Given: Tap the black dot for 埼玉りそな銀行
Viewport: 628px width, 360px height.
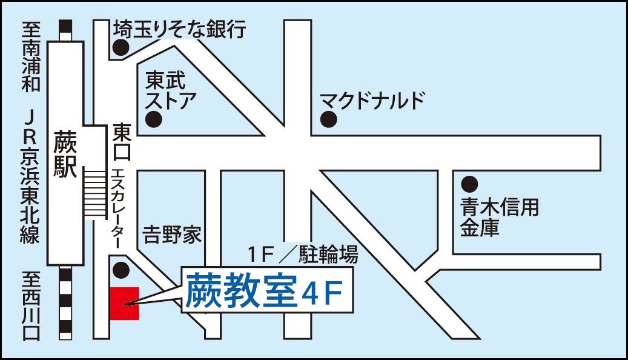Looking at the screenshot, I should pyautogui.click(x=121, y=47).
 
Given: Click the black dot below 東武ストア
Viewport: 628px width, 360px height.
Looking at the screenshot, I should pyautogui.click(x=155, y=118).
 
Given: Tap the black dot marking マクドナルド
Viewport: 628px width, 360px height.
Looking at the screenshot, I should pyautogui.click(x=328, y=119).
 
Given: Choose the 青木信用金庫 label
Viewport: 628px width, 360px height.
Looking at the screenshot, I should pyautogui.click(x=498, y=218).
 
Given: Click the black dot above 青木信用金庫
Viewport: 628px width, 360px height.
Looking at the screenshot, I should pyautogui.click(x=469, y=183).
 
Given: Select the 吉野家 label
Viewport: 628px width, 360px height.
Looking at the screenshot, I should pyautogui.click(x=172, y=235).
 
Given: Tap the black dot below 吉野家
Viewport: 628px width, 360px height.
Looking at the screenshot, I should pyautogui.click(x=121, y=269).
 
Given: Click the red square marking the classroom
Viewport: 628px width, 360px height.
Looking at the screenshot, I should pyautogui.click(x=125, y=303).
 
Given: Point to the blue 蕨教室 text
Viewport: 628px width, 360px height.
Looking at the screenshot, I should pyautogui.click(x=240, y=292).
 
